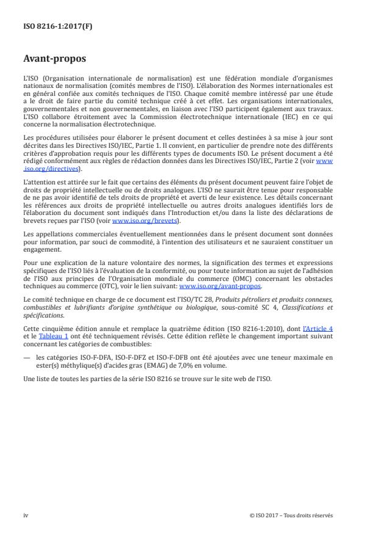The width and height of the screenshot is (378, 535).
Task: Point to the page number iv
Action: [x=26, y=515]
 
